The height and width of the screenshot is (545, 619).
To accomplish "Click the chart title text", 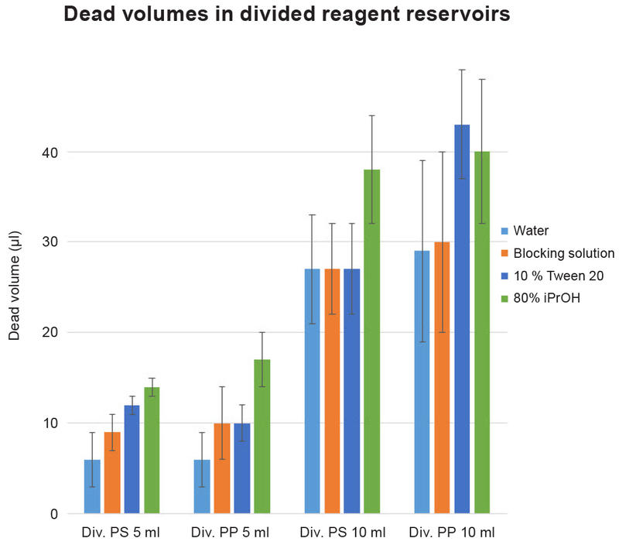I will [287, 15].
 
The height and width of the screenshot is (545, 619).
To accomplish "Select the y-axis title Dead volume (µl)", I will [14, 289].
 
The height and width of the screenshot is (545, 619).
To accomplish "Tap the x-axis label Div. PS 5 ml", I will [121, 533].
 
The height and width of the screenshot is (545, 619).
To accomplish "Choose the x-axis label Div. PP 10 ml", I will [452, 533].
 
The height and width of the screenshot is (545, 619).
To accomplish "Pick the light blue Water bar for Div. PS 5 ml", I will [92, 488].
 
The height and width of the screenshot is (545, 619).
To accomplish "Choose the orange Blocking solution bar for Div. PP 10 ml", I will [442, 379].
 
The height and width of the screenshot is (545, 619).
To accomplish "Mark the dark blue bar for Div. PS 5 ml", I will [132, 464].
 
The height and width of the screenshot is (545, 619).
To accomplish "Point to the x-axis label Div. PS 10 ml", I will [341, 533].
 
